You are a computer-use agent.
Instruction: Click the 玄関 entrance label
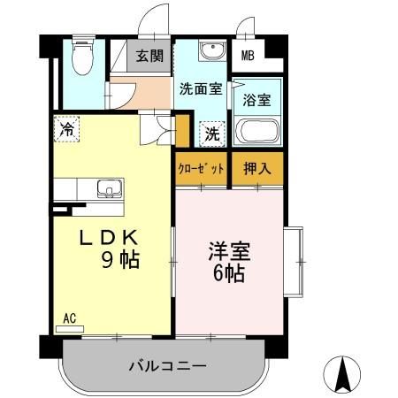tap(147, 56)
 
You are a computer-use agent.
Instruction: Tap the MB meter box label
tap(250, 56)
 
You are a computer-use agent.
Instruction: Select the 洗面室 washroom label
tap(199, 88)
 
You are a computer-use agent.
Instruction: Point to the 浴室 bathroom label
tap(257, 100)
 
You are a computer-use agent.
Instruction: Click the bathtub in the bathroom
tap(257, 133)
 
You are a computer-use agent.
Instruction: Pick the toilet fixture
tap(82, 58)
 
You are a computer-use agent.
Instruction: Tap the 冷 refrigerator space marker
tap(67, 128)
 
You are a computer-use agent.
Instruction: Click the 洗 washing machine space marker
tap(213, 134)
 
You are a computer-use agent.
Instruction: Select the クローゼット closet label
tap(201, 167)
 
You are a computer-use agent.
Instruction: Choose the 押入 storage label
tap(256, 167)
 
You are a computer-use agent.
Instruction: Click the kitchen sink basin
tap(110, 188)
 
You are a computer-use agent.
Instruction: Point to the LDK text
tap(110, 238)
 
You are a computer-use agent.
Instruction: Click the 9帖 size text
tap(118, 262)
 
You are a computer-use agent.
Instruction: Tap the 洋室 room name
tap(228, 250)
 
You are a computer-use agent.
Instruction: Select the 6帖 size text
tap(228, 272)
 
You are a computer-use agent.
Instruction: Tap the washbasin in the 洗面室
tap(210, 52)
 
